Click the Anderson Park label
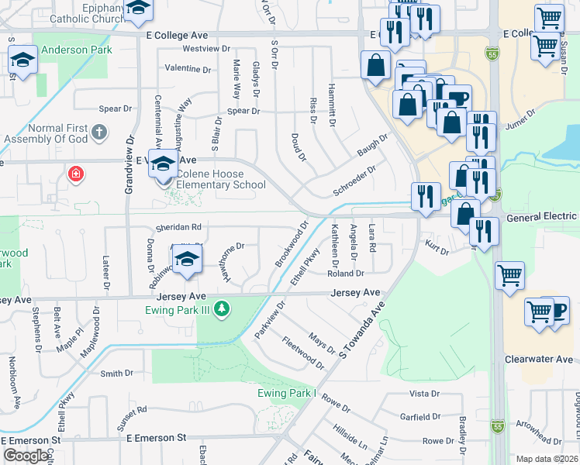77,50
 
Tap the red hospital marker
75,173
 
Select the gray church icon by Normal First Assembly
98,132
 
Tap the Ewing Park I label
288,393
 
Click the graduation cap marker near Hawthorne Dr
187,261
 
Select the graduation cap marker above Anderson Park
22,59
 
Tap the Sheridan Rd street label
179,227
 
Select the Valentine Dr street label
188,69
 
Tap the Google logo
26,456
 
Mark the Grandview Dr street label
130,166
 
